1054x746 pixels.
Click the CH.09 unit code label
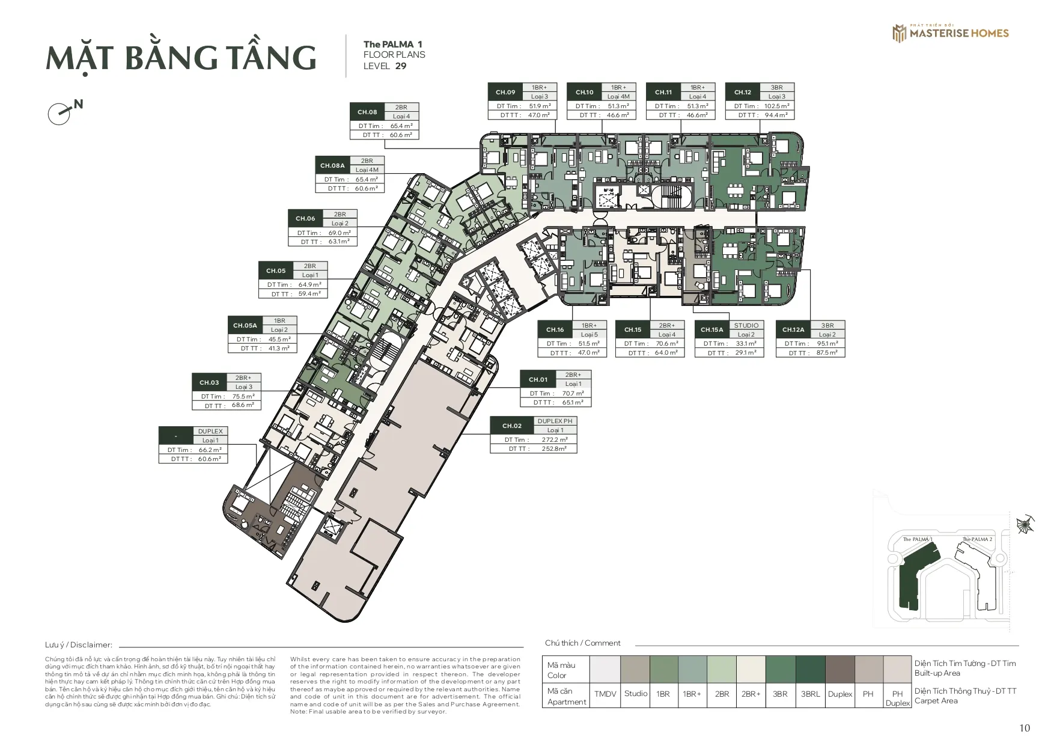coord(505,92)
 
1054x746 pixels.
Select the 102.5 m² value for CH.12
coord(777,106)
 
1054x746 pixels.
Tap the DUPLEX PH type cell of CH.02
coord(555,421)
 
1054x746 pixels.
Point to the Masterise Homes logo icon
coord(899,34)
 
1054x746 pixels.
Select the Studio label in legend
coord(636,694)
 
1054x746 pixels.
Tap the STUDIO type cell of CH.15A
coord(746,325)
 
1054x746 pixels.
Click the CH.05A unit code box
coord(245,325)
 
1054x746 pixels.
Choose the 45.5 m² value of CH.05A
coord(279,339)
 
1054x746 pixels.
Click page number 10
coord(1025,728)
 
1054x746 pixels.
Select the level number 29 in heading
coord(401,66)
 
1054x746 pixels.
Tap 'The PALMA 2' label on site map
coord(977,539)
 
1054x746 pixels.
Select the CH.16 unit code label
coord(555,329)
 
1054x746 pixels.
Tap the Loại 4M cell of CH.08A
coord(367,170)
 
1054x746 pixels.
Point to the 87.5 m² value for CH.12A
coord(827,353)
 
